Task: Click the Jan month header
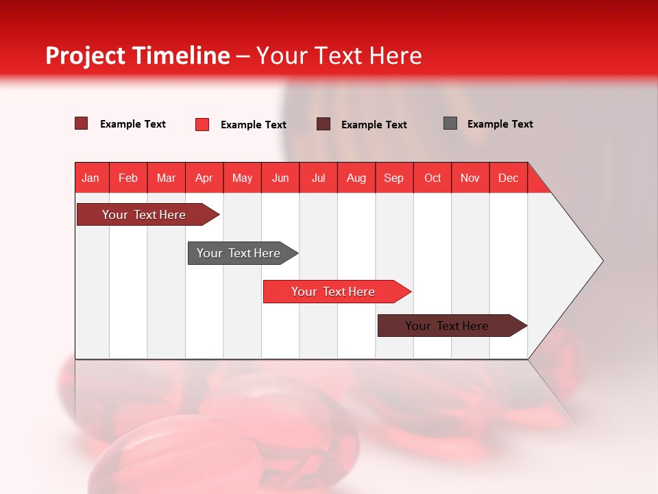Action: click(x=91, y=178)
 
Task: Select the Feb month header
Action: click(x=128, y=178)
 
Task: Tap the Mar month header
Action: click(x=166, y=178)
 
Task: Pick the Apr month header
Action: click(x=204, y=178)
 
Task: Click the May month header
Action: click(x=242, y=178)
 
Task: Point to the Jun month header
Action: click(x=280, y=178)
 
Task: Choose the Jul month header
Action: click(x=318, y=178)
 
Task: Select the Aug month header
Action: click(x=356, y=178)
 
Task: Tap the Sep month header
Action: click(x=394, y=178)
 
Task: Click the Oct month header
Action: click(x=432, y=178)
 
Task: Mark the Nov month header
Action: click(x=470, y=178)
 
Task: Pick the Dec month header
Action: click(x=509, y=178)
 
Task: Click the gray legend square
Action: click(x=450, y=123)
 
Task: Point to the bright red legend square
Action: click(x=202, y=124)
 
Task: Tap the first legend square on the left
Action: click(x=82, y=123)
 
